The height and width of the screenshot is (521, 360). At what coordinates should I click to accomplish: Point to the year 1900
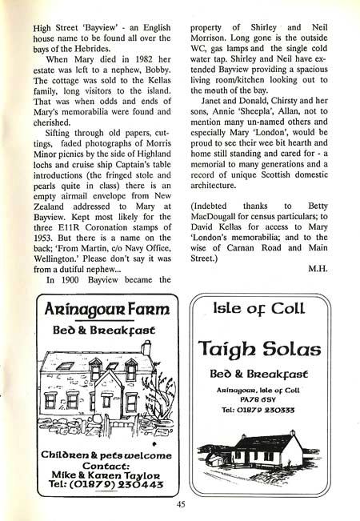coord(68,282)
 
